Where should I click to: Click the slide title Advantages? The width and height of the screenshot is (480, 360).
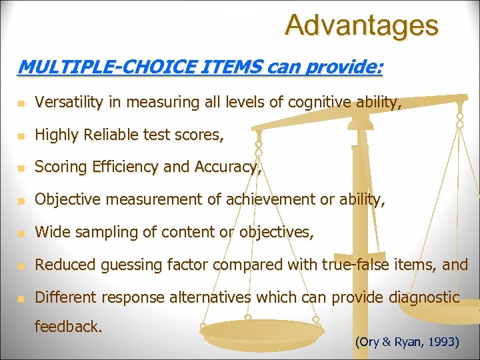tap(361, 25)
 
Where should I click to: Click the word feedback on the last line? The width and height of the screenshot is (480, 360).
tap(67, 327)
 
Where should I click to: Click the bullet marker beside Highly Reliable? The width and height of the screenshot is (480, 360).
tap(21, 135)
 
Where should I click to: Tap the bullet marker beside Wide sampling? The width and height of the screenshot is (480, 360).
tap(21, 233)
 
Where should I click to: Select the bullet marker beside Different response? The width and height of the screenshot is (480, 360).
tap(21, 298)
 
